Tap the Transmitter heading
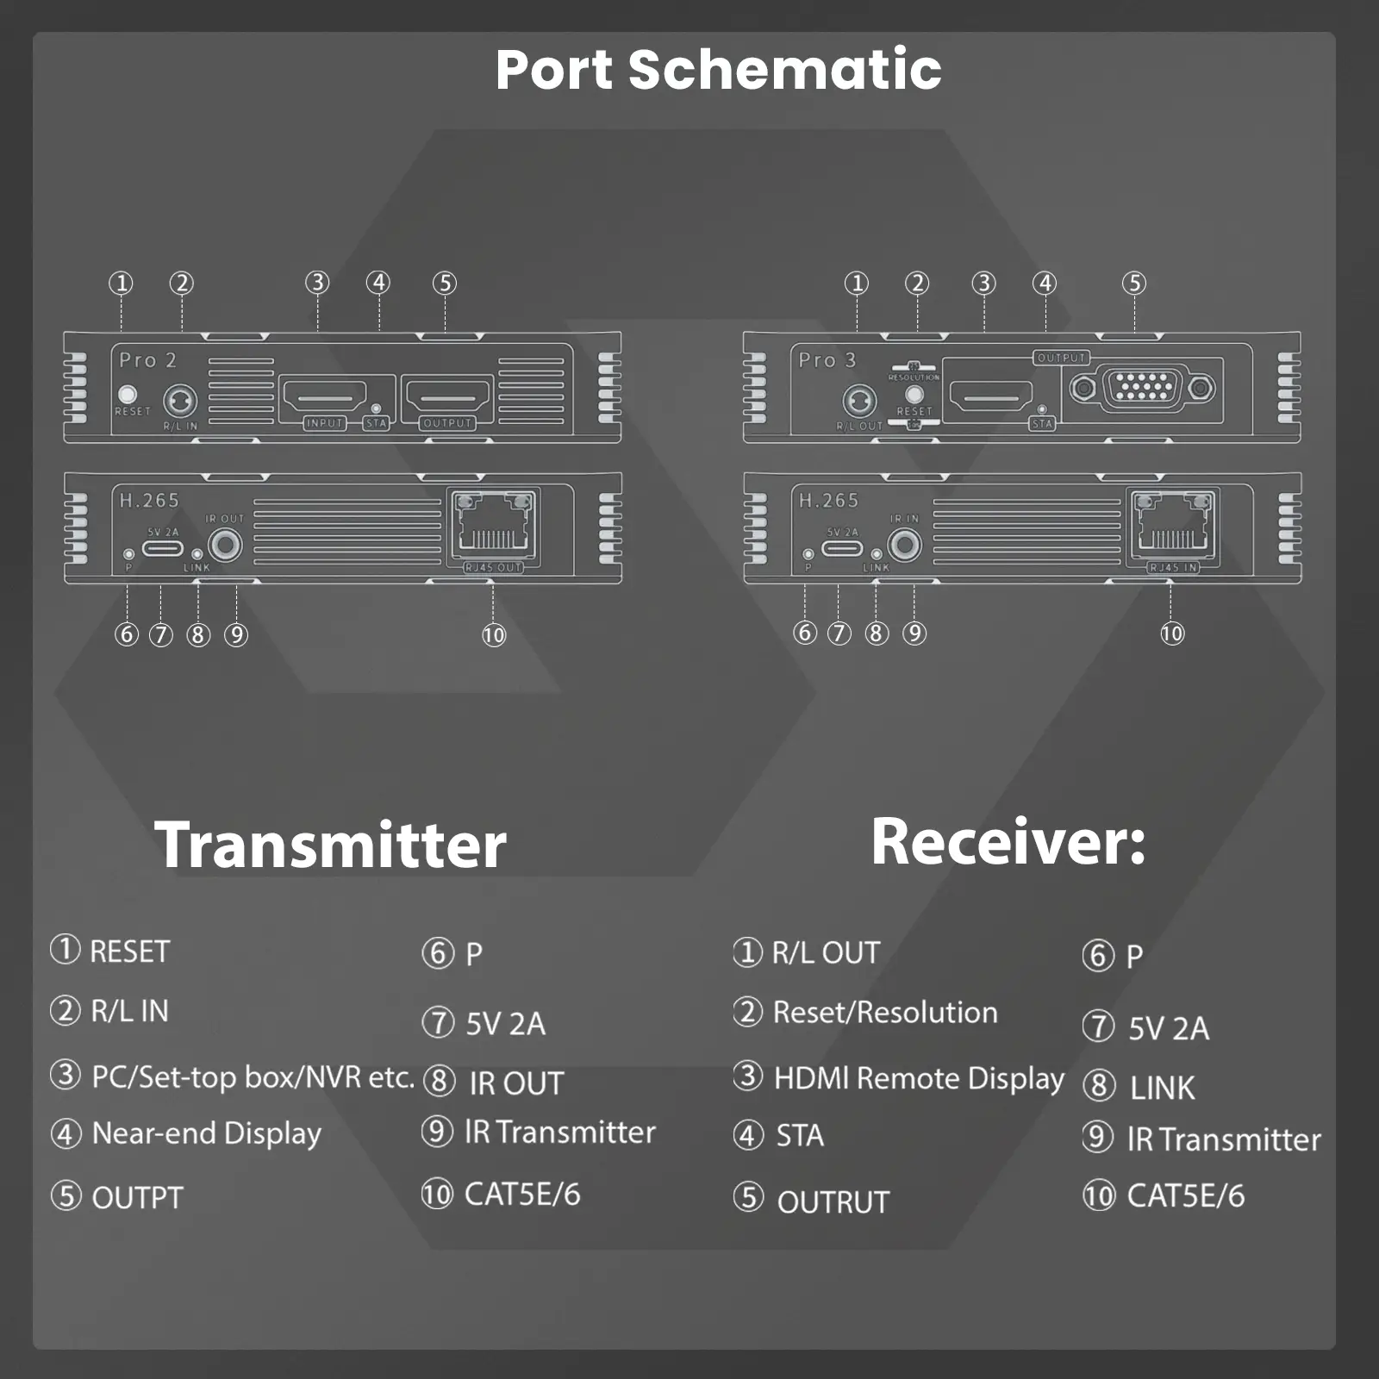coord(330,845)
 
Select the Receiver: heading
coord(1008,841)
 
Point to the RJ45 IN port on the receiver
coord(1173,526)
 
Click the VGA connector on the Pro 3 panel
coord(1143,388)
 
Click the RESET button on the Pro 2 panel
coord(128,394)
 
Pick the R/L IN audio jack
coord(180,401)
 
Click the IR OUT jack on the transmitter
coord(225,544)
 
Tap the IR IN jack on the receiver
coord(905,544)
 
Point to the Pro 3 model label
coord(827,359)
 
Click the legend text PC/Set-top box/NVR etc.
coord(253,1076)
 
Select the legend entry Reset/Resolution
coord(884,1012)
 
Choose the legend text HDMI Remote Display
coord(919,1077)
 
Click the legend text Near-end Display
coord(206,1133)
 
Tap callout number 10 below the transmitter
coord(494,635)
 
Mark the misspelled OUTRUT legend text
coord(833,1201)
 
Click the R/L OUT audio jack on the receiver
coord(859,401)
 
